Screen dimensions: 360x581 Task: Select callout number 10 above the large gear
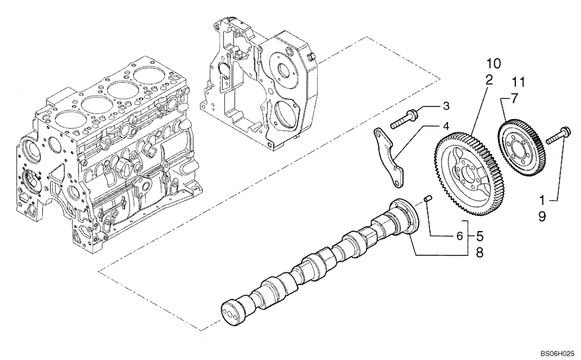[x=493, y=62]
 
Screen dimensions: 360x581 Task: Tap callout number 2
[x=490, y=79]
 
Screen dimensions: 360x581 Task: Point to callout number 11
[x=519, y=81]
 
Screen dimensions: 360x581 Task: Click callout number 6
[x=459, y=236]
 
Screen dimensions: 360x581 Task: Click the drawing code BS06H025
[x=557, y=352]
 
